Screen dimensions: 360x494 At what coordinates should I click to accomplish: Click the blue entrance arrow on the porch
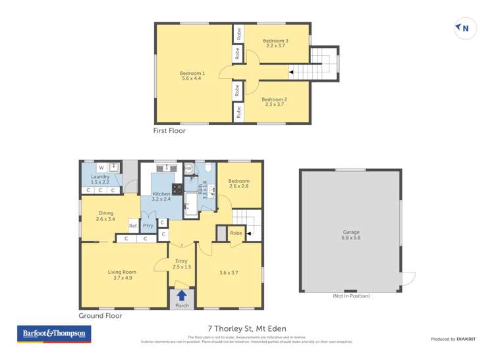[181, 296]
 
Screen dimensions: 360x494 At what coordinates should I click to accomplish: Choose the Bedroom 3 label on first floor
[276, 43]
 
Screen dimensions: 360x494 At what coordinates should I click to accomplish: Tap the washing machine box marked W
[101, 168]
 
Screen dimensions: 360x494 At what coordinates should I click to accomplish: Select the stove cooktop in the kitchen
[177, 189]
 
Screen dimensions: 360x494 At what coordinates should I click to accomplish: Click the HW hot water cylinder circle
[188, 168]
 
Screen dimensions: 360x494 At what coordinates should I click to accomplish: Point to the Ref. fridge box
[132, 226]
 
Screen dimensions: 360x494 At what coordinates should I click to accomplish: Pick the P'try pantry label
[148, 226]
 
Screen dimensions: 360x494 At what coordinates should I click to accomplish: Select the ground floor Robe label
[236, 233]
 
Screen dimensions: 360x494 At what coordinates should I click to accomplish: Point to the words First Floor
[169, 131]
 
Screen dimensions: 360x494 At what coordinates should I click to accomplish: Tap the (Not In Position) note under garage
[350, 296]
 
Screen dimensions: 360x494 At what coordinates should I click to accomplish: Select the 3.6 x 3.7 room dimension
[229, 272]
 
